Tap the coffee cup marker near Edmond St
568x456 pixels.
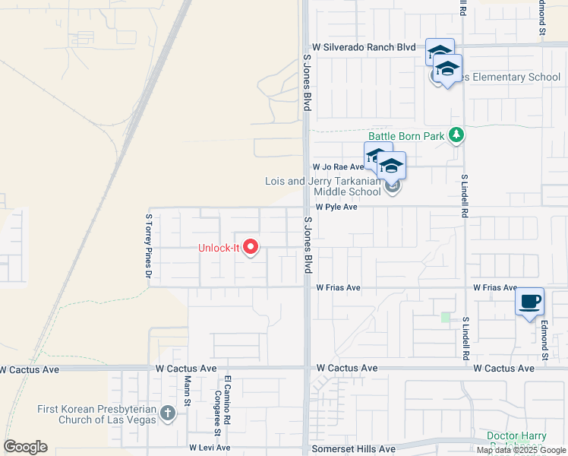(529, 302)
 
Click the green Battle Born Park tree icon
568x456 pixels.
(456, 135)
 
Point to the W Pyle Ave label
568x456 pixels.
(336, 207)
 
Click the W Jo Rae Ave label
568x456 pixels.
(339, 166)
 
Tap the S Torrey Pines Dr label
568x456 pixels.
(149, 245)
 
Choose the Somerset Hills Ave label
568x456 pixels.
(355, 449)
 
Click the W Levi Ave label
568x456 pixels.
(210, 448)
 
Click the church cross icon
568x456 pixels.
(168, 414)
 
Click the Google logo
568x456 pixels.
(25, 447)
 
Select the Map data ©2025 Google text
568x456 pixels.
(520, 450)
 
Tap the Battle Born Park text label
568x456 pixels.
(406, 135)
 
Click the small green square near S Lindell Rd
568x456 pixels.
(446, 317)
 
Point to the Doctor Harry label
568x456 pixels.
(516, 436)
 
